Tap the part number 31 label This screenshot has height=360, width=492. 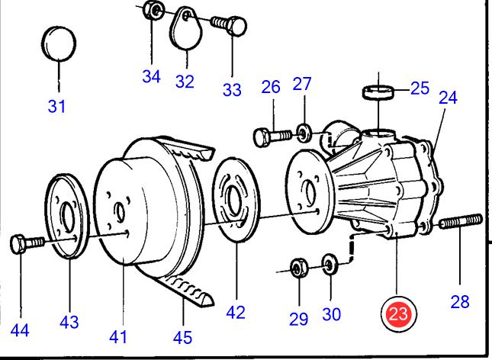click(x=57, y=107)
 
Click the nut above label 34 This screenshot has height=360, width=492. click(x=153, y=11)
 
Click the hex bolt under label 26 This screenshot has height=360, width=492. click(x=272, y=136)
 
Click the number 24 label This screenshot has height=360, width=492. click(x=447, y=98)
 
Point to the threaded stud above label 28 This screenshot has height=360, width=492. click(x=461, y=223)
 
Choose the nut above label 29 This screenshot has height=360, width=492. click(x=298, y=268)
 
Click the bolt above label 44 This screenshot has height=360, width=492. click(x=27, y=244)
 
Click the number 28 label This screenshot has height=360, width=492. click(x=460, y=302)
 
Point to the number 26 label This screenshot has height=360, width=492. click(x=271, y=88)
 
